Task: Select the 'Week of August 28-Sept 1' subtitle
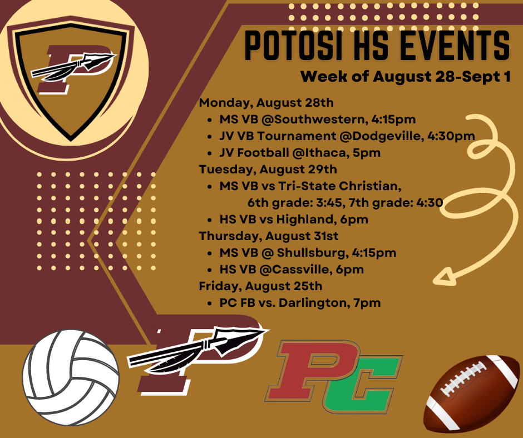point(405,76)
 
